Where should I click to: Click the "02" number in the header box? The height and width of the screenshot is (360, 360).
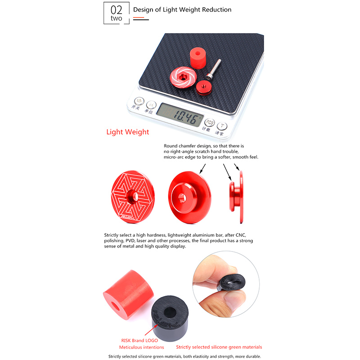pos(116,10)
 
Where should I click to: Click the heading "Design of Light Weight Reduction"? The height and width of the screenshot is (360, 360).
pos(182,9)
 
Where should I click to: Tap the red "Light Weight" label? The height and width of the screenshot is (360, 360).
pos(128,132)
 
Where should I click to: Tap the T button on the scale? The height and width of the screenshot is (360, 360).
pos(222,126)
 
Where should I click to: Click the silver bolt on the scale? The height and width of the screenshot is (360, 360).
pos(213,69)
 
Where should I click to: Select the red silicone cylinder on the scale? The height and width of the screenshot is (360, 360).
pos(198,58)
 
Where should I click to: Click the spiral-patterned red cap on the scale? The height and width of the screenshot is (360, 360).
pos(183,77)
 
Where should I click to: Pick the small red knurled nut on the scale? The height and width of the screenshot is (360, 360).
pos(204,87)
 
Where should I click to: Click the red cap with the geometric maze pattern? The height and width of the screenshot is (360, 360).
pos(133,197)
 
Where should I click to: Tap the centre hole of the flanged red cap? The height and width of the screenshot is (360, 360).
pos(182,198)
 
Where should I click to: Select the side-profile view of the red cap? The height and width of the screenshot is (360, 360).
pos(236,197)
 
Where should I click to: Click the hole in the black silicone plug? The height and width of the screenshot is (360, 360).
pos(170,312)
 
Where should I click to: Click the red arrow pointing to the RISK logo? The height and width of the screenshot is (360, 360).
pos(151,330)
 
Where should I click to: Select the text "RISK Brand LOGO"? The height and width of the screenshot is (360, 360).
pos(139,341)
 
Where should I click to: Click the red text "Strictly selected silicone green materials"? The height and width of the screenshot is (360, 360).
pos(219,347)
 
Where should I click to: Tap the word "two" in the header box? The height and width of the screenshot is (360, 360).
pos(116,18)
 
